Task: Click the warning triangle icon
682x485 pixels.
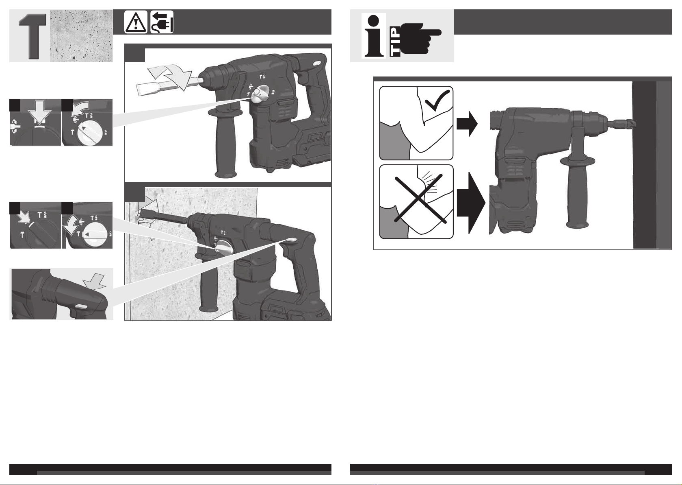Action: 136,22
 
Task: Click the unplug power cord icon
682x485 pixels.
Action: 162,22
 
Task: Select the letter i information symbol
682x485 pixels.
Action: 374,36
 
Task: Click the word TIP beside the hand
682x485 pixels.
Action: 395,42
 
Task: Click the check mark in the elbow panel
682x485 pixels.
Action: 437,100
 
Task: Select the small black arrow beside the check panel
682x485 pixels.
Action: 467,124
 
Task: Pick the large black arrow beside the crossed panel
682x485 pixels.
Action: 471,203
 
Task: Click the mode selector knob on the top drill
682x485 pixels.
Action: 260,93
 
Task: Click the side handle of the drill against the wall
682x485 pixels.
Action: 577,192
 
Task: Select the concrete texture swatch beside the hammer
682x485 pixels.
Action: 81,36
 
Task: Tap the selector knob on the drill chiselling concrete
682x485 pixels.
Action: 224,246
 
